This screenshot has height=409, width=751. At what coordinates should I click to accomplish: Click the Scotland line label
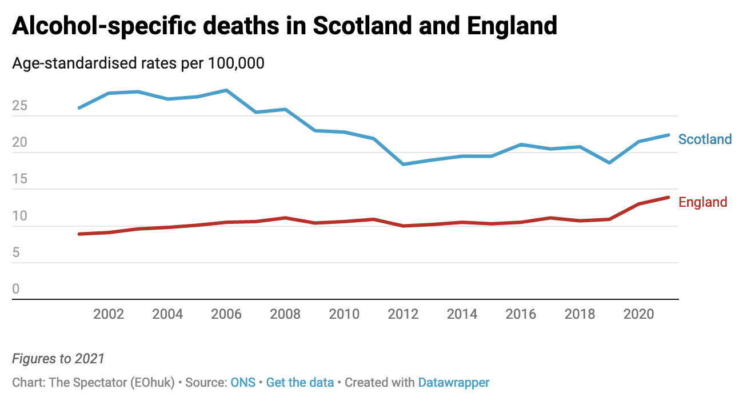point(705,139)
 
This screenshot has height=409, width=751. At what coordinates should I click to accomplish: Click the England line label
point(702,202)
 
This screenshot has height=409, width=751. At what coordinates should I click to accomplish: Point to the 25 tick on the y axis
point(19,106)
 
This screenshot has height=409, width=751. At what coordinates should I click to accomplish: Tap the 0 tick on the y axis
point(16,290)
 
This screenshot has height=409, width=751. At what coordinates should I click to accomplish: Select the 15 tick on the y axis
point(19,179)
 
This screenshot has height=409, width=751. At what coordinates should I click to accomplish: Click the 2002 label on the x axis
point(109,314)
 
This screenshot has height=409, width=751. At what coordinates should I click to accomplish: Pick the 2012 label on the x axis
point(404,314)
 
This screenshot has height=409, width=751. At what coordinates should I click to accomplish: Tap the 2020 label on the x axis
point(639,314)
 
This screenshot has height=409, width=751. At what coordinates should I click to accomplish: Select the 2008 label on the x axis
point(286,314)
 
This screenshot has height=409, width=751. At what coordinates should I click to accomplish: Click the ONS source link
point(242,383)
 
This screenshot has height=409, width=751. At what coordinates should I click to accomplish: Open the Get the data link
point(300,383)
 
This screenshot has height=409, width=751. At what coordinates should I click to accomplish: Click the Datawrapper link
point(454,383)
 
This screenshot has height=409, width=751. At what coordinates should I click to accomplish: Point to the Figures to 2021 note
point(58,359)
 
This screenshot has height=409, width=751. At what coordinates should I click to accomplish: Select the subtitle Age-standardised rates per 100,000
point(138,63)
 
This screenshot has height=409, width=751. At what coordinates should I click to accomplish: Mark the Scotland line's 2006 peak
point(227,90)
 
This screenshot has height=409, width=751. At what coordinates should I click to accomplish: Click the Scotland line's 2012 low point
point(404,165)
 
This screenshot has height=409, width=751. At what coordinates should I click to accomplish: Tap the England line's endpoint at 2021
point(668,198)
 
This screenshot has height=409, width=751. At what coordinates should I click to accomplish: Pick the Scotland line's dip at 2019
point(609,163)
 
